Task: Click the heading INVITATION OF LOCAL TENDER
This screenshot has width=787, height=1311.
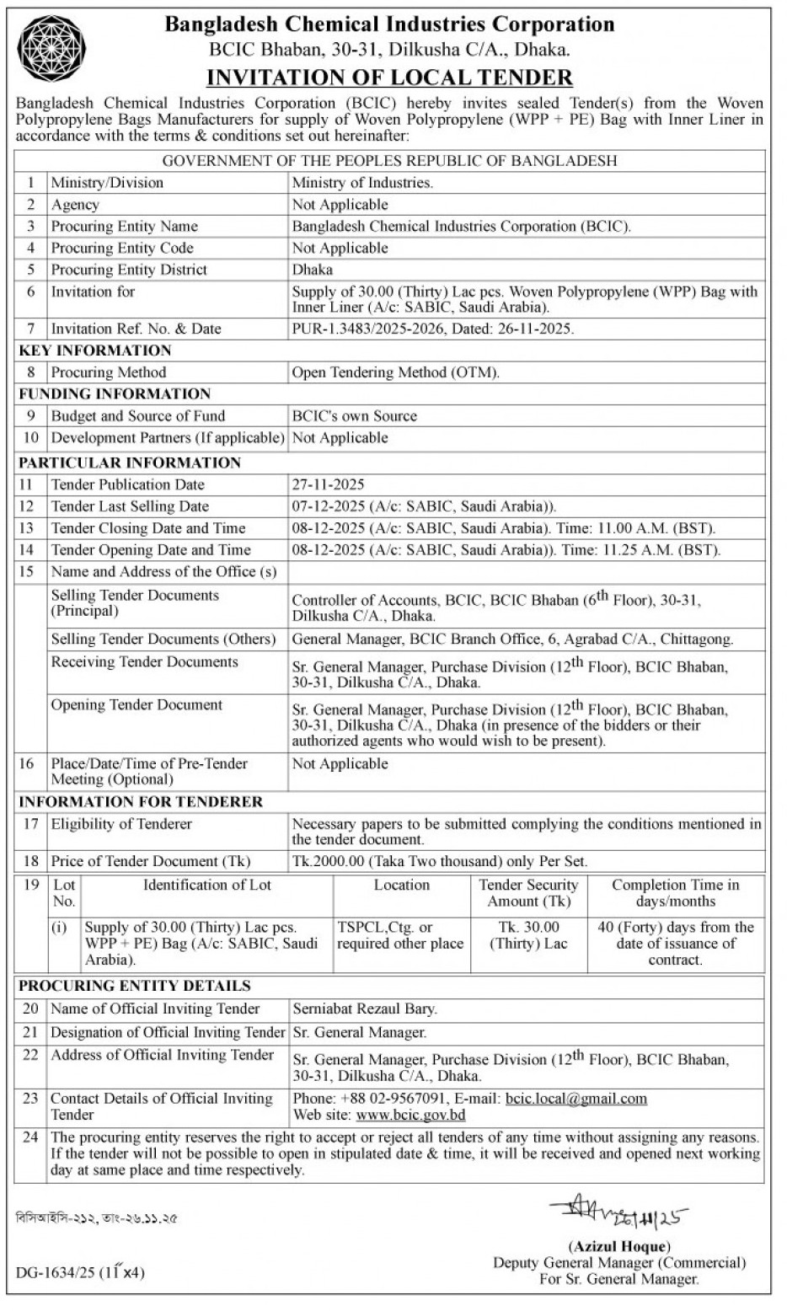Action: [389, 78]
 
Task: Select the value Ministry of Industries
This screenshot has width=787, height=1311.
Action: [362, 183]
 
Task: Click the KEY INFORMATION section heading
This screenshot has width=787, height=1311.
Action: [95, 350]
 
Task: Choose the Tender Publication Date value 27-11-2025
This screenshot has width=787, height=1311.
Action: [329, 484]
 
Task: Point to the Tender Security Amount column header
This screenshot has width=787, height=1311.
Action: [528, 893]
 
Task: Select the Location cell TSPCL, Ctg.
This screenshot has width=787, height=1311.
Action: [400, 935]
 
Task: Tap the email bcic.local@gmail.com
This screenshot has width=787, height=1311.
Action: [576, 1099]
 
